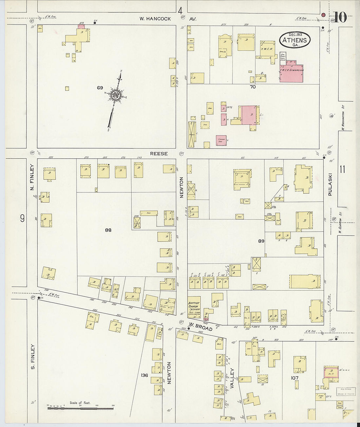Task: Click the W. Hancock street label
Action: pos(155,19)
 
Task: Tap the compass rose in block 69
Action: pos(116,95)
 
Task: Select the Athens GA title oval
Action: pos(295,40)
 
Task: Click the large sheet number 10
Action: pos(340,17)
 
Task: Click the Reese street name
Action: pos(159,153)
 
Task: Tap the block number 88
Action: pos(108,230)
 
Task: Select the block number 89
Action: pos(261,241)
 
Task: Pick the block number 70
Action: pos(253,87)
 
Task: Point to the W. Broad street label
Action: pos(201,327)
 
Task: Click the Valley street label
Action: pos(232,378)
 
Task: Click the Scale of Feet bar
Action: pos(80,408)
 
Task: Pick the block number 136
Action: pos(144,375)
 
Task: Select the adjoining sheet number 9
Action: pos(22,218)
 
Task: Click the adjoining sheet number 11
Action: pos(342,169)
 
